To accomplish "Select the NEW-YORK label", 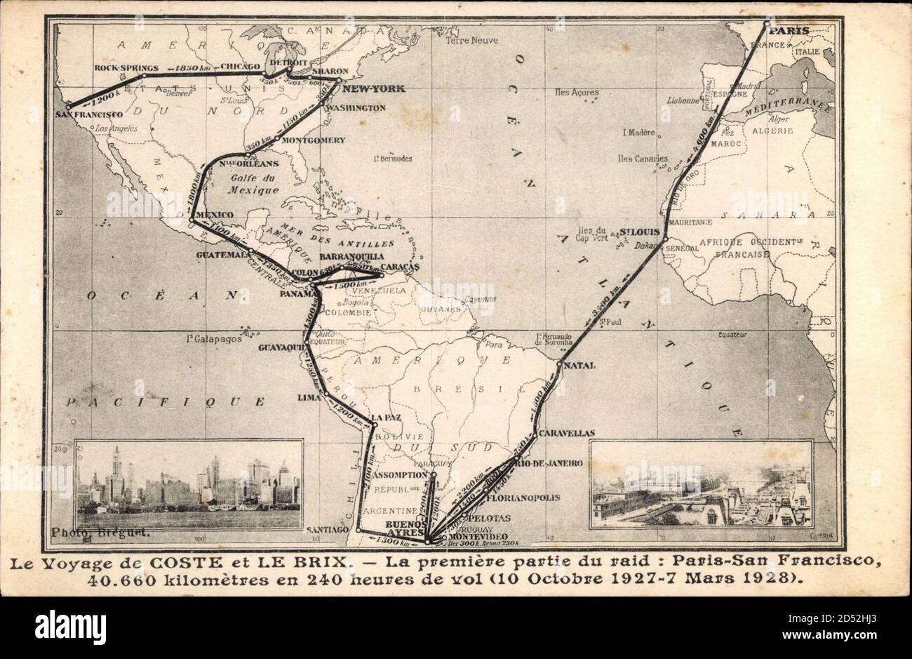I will [373, 89].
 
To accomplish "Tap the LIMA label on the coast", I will [309, 398].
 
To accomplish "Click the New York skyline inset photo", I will [189, 484].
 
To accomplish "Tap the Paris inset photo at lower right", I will [699, 484].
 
